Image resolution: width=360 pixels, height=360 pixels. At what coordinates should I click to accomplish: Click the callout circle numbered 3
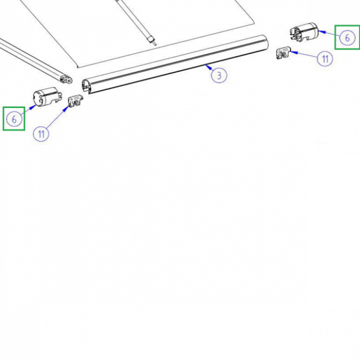[219, 75]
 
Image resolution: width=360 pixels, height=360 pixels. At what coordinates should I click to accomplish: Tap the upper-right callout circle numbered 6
[347, 37]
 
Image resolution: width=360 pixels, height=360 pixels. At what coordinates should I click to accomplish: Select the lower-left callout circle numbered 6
[14, 119]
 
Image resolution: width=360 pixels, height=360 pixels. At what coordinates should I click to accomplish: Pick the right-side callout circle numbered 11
[325, 58]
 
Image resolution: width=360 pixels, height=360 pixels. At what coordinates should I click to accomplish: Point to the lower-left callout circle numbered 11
[41, 133]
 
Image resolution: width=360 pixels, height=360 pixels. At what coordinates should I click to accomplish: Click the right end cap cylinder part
[304, 32]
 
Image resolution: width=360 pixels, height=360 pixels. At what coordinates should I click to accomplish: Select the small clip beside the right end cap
[283, 52]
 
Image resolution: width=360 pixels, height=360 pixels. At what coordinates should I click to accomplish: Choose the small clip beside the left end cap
[75, 101]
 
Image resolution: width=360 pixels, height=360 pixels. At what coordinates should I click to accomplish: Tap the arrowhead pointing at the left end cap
[33, 107]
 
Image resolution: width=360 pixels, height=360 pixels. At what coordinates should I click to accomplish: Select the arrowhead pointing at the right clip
[293, 52]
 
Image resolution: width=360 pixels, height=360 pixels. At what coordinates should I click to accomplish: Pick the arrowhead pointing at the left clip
[66, 108]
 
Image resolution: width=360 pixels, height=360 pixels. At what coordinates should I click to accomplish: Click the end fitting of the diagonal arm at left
[66, 79]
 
